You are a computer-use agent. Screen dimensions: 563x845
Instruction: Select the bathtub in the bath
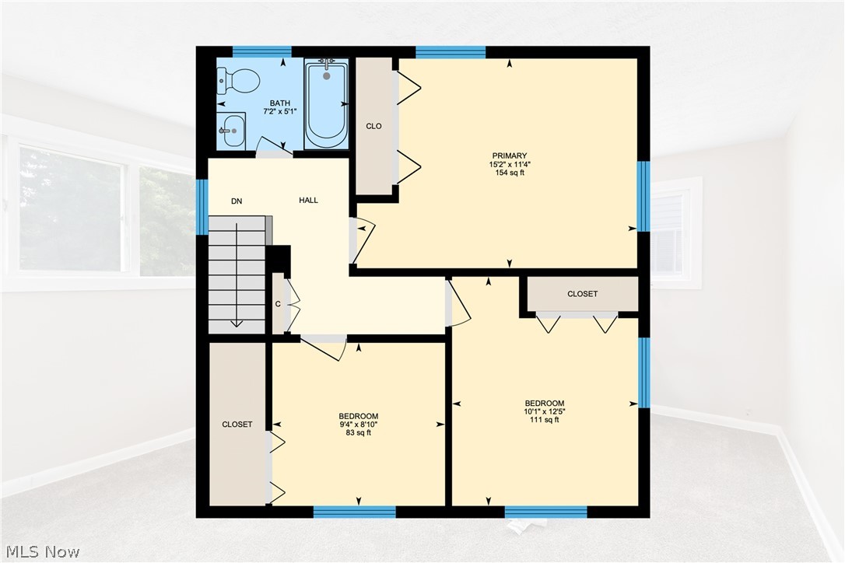(x=327, y=104)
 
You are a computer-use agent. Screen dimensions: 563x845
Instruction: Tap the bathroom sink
(x=232, y=131)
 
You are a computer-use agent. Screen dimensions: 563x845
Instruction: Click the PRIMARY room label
(x=510, y=156)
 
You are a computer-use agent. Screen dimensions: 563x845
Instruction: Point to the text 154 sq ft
(x=510, y=173)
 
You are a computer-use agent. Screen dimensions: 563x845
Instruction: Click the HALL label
(x=309, y=201)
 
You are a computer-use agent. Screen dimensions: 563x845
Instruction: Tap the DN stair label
(x=237, y=201)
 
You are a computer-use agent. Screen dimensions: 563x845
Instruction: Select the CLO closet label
(x=373, y=126)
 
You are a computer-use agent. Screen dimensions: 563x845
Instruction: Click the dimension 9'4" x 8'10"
(x=359, y=425)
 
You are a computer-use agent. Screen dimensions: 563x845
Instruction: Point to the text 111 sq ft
(x=545, y=420)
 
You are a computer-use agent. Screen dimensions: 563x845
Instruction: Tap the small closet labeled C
(x=278, y=304)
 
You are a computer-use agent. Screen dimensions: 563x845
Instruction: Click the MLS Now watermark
(x=40, y=552)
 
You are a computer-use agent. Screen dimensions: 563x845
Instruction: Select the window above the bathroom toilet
(x=262, y=52)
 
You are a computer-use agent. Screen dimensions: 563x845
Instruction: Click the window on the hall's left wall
(x=202, y=207)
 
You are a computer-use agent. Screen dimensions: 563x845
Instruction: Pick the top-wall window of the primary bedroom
(x=451, y=52)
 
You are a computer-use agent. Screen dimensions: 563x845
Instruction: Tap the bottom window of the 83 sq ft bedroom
(x=354, y=511)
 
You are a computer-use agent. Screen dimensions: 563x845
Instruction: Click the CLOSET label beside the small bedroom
(x=237, y=425)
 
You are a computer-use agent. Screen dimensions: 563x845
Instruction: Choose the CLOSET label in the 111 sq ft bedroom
(x=583, y=294)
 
